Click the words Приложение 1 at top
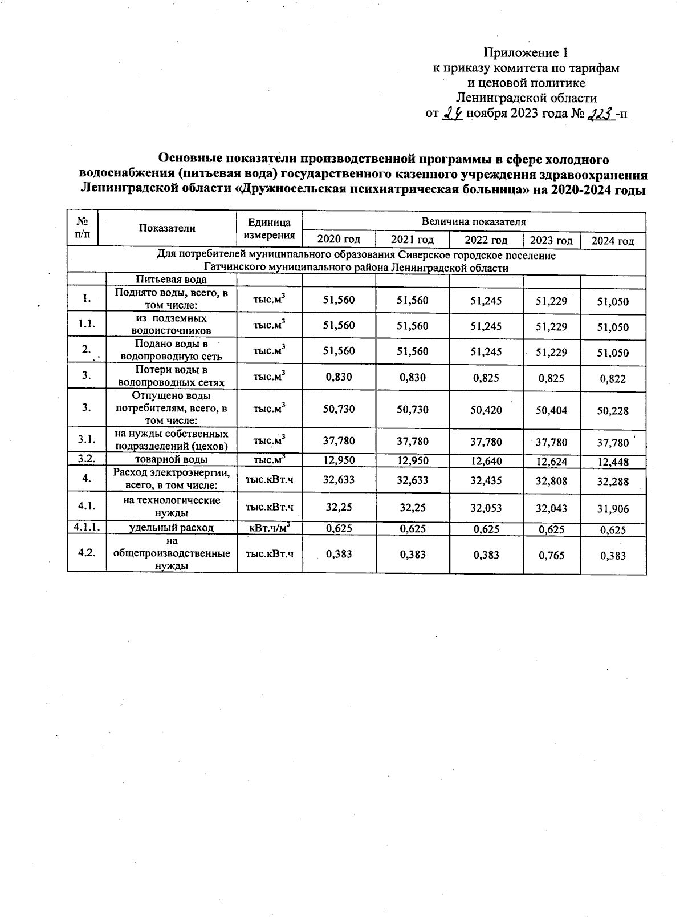tap(526, 53)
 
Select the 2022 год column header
tap(486, 241)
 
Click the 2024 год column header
tap(613, 241)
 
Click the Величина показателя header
tap(473, 221)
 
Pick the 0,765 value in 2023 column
tap(551, 555)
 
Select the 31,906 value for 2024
tap(613, 509)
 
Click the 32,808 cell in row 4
tap(551, 481)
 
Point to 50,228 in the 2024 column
tap(613, 411)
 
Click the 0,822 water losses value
tap(613, 378)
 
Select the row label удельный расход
tap(171, 528)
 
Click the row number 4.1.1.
tap(87, 528)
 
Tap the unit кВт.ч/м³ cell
tap(268, 528)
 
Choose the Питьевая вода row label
tap(171, 280)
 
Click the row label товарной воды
tap(171, 459)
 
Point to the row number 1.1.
tap(87, 325)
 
